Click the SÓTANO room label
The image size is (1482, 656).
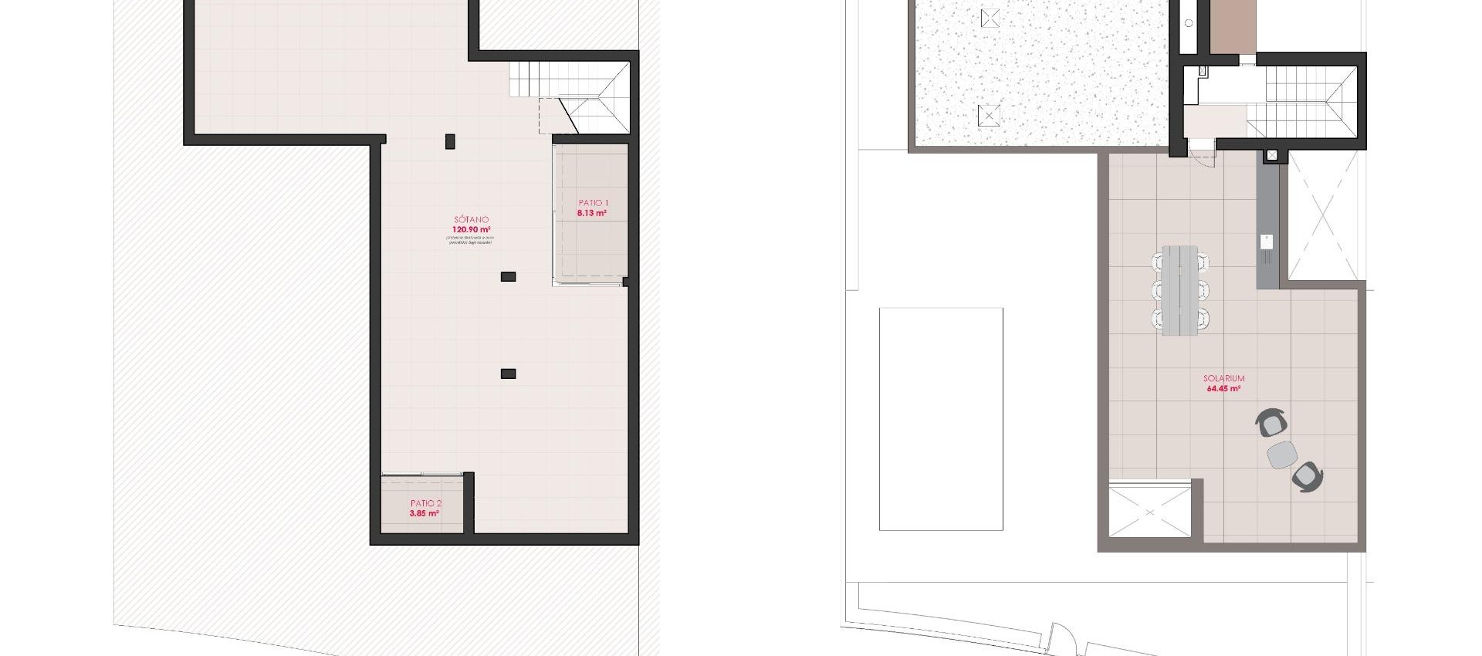click(x=471, y=220)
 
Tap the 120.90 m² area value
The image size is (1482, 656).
click(x=471, y=229)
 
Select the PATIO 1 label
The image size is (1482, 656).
click(x=593, y=203)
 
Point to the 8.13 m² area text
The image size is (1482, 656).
click(x=592, y=213)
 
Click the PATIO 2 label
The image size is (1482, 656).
click(x=425, y=503)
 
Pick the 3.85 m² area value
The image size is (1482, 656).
click(x=425, y=513)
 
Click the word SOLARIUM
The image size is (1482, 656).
click(x=1223, y=379)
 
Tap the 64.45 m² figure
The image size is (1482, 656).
click(x=1223, y=389)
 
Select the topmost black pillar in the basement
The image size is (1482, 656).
click(x=450, y=141)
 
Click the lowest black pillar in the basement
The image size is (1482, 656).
click(x=508, y=374)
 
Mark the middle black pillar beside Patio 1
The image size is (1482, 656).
click(x=508, y=276)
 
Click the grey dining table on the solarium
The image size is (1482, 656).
click(x=1179, y=289)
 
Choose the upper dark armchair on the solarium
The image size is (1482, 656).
click(x=1272, y=423)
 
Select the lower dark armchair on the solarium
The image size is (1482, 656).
click(x=1307, y=476)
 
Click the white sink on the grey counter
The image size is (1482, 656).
click(x=1267, y=242)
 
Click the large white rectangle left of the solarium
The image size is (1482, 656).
click(x=941, y=419)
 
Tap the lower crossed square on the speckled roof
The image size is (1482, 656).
click(x=989, y=117)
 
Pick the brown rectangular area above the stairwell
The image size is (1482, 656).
click(x=1233, y=27)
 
